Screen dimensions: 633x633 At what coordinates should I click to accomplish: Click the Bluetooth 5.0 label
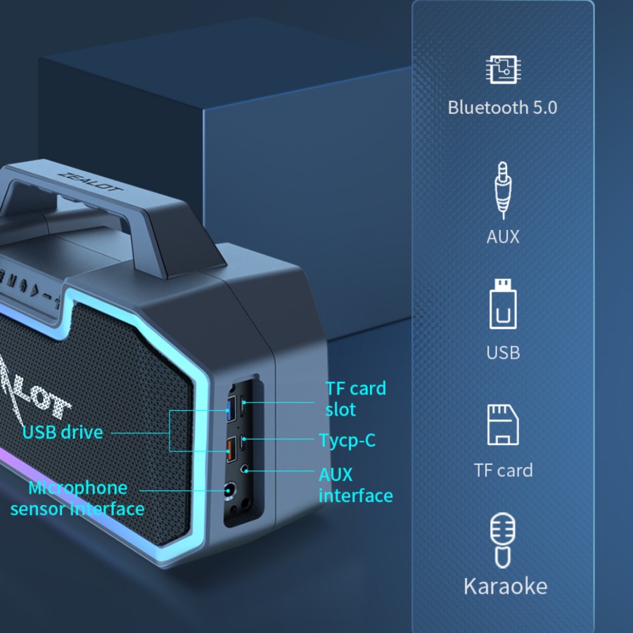pyautogui.click(x=502, y=108)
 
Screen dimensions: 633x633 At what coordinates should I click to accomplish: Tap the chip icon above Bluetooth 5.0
pyautogui.click(x=502, y=70)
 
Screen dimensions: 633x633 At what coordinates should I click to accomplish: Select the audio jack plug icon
pyautogui.click(x=502, y=188)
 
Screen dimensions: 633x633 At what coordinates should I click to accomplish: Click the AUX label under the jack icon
pyautogui.click(x=502, y=236)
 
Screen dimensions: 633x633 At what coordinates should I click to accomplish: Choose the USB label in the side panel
pyautogui.click(x=502, y=352)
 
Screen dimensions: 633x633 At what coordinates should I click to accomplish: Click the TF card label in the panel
pyautogui.click(x=502, y=470)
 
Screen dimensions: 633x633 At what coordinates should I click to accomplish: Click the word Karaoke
pyautogui.click(x=504, y=586)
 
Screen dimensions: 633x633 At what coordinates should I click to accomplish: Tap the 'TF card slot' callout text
pyautogui.click(x=355, y=399)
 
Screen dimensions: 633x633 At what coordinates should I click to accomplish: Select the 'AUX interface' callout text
pyautogui.click(x=355, y=485)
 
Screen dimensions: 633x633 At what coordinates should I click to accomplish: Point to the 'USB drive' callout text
pyautogui.click(x=62, y=432)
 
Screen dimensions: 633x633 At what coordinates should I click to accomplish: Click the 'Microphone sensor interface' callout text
pyautogui.click(x=77, y=498)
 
